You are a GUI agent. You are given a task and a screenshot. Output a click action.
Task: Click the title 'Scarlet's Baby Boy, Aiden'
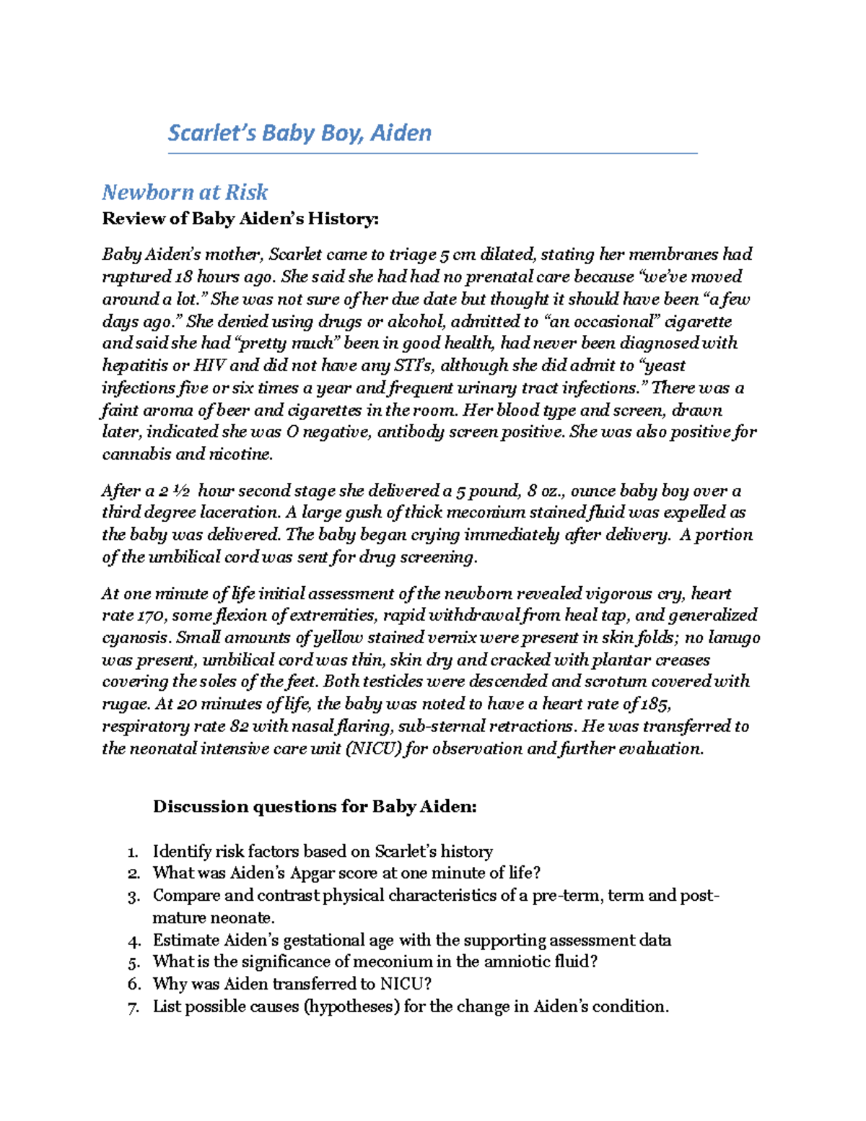[299, 133]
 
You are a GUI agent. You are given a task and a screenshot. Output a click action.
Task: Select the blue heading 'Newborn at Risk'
[185, 192]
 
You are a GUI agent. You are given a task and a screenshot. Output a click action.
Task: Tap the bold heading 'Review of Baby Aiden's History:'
[240, 218]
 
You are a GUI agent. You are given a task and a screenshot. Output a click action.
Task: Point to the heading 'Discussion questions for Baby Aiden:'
[315, 806]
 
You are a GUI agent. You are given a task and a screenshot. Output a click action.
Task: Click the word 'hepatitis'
[135, 365]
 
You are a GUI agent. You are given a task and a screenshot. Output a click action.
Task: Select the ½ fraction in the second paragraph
[182, 491]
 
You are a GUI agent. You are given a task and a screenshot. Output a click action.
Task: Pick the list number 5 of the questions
[134, 962]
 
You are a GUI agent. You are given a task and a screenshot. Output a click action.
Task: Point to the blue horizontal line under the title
[432, 154]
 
